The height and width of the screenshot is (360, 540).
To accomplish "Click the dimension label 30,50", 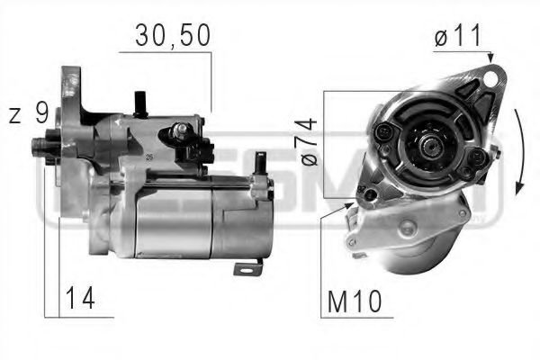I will click(x=172, y=35).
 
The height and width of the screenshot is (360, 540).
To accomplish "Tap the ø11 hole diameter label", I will click(x=457, y=37).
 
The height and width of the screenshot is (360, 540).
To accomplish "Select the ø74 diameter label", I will click(x=310, y=143).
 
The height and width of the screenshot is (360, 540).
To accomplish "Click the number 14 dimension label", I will click(x=80, y=297).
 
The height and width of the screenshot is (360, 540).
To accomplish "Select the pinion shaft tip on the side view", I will click(x=38, y=144).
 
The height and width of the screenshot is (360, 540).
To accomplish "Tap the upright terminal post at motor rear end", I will click(x=260, y=164).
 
